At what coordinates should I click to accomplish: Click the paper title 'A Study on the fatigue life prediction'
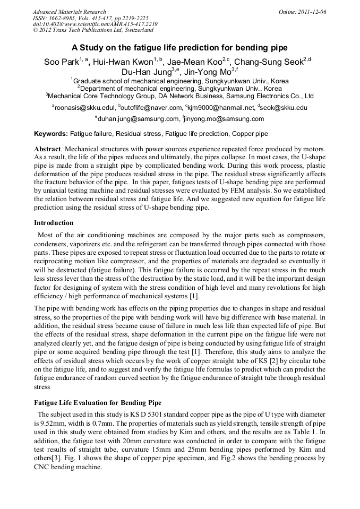(179, 48)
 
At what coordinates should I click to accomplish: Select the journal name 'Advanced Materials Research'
(69, 12)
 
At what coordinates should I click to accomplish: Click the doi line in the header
(95, 24)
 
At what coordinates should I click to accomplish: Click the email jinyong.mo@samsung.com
(224, 119)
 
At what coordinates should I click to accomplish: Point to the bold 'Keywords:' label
(51, 134)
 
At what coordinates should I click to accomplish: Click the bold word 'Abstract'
(47, 150)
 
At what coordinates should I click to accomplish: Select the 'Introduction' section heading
(54, 222)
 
